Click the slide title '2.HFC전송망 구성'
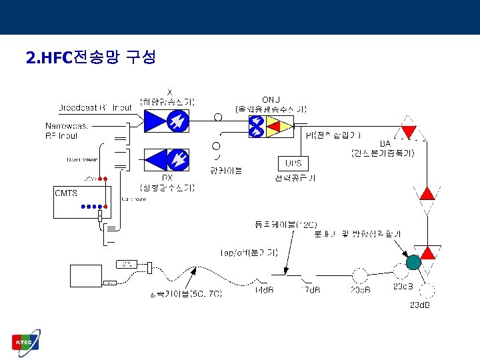91,58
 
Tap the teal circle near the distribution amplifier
413,262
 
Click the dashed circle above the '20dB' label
360,274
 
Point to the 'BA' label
385,143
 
